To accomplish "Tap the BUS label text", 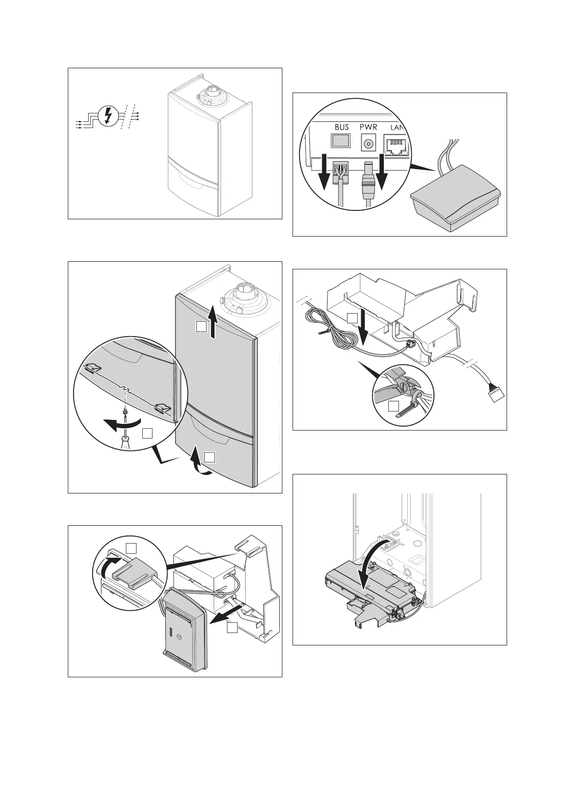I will (342, 127).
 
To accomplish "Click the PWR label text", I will (369, 127).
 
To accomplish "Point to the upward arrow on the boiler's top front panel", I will (213, 321).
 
